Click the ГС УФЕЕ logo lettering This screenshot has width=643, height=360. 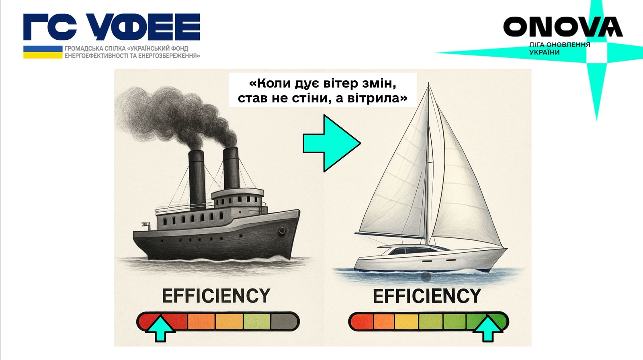coord(112,27)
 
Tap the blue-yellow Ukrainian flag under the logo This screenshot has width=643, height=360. coord(43,52)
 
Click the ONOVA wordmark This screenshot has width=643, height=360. coord(563,27)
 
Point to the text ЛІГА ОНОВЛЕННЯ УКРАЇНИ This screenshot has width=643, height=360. coord(560,49)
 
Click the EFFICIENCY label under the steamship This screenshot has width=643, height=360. coord(216,296)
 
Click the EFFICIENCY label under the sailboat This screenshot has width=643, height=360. coord(427,296)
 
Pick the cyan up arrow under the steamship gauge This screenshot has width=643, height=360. coord(160,329)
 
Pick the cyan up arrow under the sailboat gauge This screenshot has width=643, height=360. coord(488,329)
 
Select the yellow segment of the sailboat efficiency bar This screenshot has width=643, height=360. coord(406,321)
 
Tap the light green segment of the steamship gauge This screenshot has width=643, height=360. coord(257,321)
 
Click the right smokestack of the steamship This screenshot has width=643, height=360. coord(231,168)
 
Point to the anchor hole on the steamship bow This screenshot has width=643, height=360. coord(282,230)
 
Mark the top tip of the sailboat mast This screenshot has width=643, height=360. coord(429,83)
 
